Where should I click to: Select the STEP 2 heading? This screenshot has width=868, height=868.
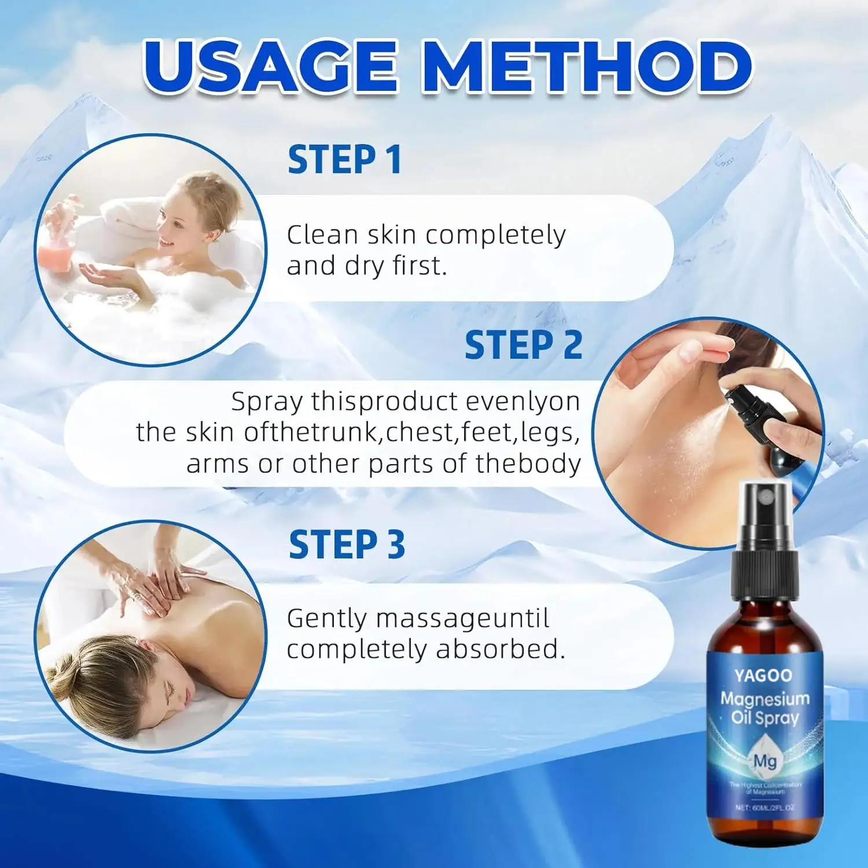523,345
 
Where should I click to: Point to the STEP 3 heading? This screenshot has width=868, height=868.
347,545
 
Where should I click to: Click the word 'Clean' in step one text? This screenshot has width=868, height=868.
322,236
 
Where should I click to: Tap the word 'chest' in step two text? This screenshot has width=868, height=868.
421,432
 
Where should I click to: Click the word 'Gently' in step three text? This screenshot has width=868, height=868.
327,619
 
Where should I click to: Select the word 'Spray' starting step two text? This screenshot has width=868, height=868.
267,402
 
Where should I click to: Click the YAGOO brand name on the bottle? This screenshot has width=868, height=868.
763,675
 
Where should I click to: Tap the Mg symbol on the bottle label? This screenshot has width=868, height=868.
764,761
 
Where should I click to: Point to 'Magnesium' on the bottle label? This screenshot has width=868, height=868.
764,699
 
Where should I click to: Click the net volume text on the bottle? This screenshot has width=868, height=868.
764,807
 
